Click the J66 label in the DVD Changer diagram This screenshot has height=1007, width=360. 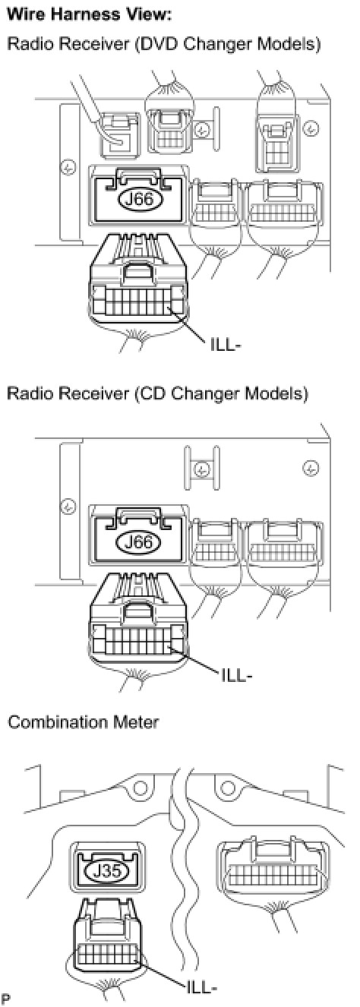(138, 198)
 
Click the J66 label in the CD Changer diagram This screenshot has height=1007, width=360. (138, 541)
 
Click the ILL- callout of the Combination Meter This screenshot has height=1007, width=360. (203, 986)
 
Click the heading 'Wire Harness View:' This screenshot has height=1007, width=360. (90, 15)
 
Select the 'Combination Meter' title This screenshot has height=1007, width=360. (84, 722)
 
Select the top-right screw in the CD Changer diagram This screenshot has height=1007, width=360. (311, 468)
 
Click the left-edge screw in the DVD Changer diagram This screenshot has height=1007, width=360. (68, 169)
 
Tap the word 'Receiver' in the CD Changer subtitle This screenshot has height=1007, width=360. (94, 393)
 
